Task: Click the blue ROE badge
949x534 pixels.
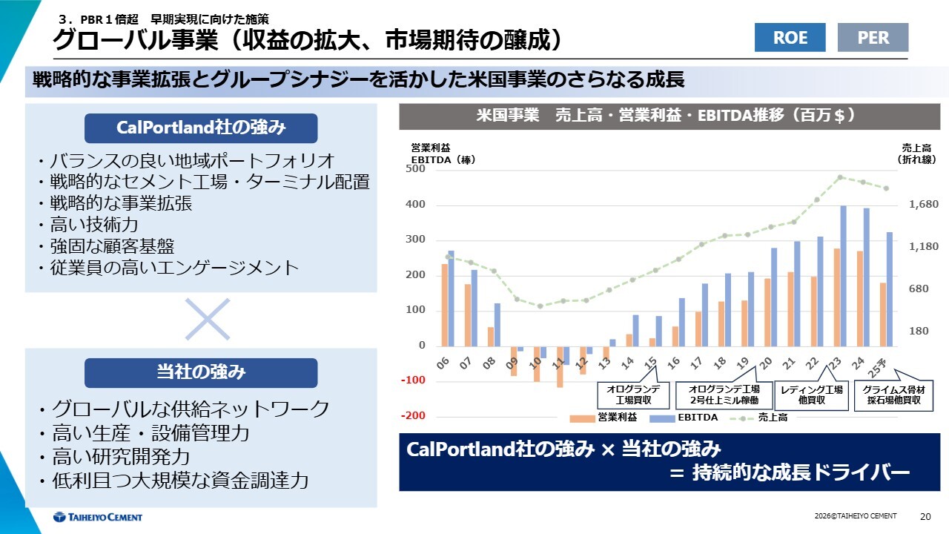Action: [x=790, y=37]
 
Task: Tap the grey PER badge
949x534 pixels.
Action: [x=873, y=37]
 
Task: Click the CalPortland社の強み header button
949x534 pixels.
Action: [x=201, y=128]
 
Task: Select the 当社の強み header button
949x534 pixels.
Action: [x=201, y=372]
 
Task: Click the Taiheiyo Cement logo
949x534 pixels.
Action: [x=98, y=517]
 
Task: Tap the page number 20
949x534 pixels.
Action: [x=925, y=516]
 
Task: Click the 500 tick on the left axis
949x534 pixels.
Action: [x=416, y=169]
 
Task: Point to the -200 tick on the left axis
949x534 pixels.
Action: [x=414, y=416]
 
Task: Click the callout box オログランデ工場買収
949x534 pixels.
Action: [x=628, y=395]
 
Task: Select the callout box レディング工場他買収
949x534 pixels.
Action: [x=813, y=395]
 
